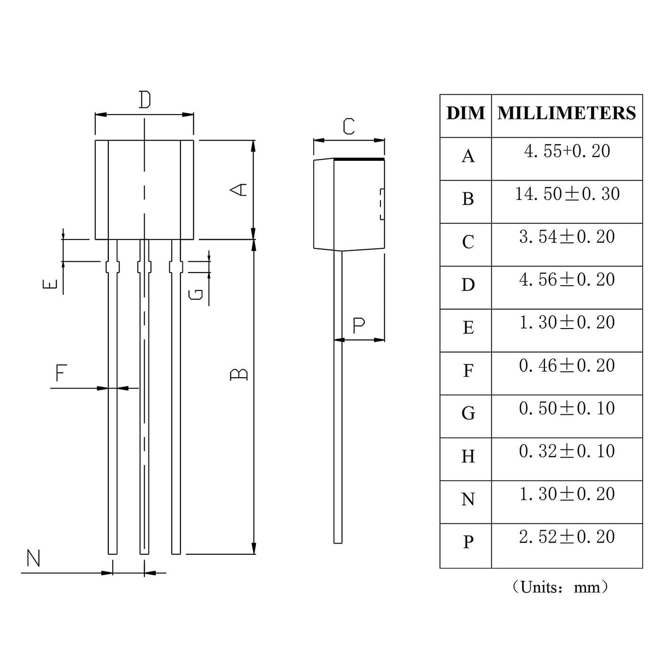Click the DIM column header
tap(466, 113)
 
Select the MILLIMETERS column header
tap(567, 113)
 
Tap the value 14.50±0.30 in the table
tap(568, 194)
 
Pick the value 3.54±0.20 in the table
tap(567, 237)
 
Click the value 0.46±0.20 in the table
tap(567, 365)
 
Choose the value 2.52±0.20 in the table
tap(567, 536)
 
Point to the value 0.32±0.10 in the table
tap(567, 451)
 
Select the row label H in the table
tap(468, 456)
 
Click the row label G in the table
tap(468, 413)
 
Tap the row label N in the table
tap(468, 499)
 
